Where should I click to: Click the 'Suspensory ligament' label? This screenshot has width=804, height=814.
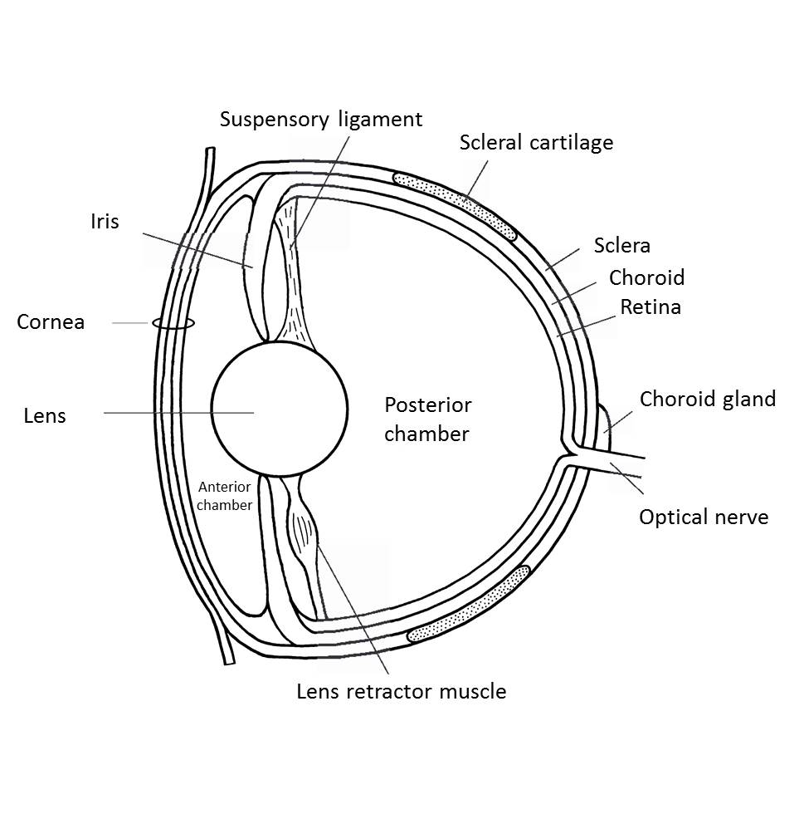point(321,120)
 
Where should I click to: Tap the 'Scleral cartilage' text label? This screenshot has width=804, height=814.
point(536,143)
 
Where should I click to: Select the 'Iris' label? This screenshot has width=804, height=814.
point(105,222)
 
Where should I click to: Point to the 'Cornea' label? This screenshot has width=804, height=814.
point(51,321)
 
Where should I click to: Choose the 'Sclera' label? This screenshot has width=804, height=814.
point(621,246)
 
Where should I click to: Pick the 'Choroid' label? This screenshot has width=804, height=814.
point(646,277)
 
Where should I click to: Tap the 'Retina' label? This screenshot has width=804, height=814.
point(651,306)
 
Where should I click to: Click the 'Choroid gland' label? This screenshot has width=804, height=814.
point(707,399)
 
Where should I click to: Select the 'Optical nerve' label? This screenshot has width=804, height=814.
point(703,517)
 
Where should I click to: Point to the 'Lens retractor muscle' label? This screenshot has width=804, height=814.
point(401,691)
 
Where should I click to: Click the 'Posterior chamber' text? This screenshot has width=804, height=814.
point(427,419)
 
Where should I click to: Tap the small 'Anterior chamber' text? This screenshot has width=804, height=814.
point(225,497)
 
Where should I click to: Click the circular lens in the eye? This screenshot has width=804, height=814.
point(280,409)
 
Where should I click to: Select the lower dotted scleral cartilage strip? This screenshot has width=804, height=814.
point(470,604)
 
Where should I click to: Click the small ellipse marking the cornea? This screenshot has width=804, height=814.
point(173,324)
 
